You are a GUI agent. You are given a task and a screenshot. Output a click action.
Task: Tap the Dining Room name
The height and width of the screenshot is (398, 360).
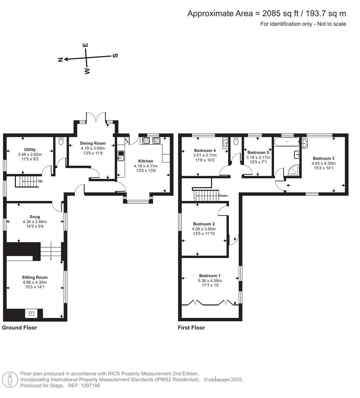tap(93, 143)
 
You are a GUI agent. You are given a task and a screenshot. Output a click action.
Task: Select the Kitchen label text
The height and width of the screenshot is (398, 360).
tap(146, 161)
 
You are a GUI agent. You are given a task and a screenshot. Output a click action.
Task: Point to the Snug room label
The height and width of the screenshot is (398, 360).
tap(35, 217)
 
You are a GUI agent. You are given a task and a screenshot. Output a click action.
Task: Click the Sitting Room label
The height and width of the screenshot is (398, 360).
tap(35, 277)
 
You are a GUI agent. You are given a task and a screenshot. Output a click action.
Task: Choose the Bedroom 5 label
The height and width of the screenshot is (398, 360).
tap(259, 153)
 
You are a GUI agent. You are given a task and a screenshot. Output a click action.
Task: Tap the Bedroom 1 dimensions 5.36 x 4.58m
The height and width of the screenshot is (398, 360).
tap(210, 280)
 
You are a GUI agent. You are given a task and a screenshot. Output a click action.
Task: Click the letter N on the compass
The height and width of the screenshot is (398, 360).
tap(60, 59)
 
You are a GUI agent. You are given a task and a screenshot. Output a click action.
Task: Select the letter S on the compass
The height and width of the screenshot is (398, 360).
tap(115, 56)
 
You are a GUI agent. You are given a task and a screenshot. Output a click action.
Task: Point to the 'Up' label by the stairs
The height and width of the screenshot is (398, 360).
tap(40, 182)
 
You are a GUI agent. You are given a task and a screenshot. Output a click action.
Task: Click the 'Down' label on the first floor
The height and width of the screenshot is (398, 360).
tap(223, 196)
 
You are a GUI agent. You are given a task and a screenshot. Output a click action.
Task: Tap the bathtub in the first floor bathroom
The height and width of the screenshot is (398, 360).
tap(287, 142)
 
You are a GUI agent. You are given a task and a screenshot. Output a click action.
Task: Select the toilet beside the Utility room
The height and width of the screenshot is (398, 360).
tap(61, 142)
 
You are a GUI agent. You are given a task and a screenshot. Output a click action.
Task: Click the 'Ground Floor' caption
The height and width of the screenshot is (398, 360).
tap(20, 328)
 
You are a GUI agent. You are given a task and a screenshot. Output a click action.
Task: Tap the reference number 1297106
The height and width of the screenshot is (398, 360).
tap(90, 385)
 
